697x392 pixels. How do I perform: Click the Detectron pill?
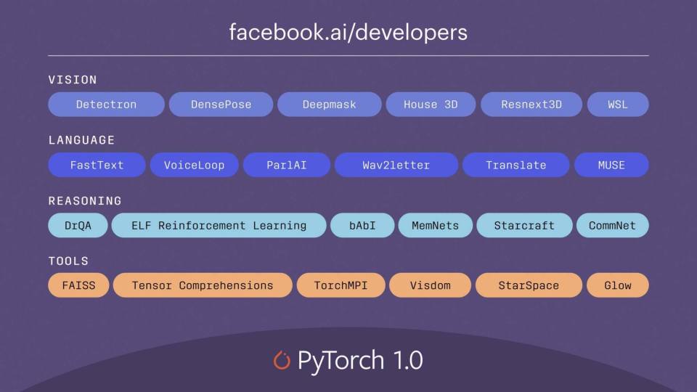pyautogui.click(x=106, y=105)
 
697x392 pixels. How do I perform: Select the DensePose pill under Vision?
pyautogui.click(x=221, y=105)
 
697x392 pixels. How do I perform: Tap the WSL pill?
pyautogui.click(x=618, y=105)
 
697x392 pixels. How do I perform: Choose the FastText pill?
pyautogui.click(x=97, y=165)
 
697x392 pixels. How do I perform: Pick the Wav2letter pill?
pyautogui.click(x=396, y=165)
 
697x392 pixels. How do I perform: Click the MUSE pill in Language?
pyautogui.click(x=611, y=165)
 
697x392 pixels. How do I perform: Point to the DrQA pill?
pyautogui.click(x=78, y=225)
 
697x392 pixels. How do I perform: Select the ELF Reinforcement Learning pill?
pyautogui.click(x=219, y=225)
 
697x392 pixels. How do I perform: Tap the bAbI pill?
pyautogui.click(x=362, y=225)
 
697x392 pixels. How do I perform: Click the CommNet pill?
pyautogui.click(x=613, y=225)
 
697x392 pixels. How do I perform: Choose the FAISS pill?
pyautogui.click(x=78, y=285)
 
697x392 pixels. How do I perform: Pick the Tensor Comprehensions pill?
pyautogui.click(x=203, y=285)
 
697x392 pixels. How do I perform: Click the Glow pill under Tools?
pyautogui.click(x=618, y=285)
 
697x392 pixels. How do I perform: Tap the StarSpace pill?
pyautogui.click(x=529, y=285)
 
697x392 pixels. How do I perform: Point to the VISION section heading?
pyautogui.click(x=73, y=80)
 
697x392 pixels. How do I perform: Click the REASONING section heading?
pyautogui.click(x=85, y=201)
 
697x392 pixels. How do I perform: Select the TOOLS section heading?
pyautogui.click(x=68, y=261)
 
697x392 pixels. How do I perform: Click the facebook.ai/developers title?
pyautogui.click(x=348, y=33)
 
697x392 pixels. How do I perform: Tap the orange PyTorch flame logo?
pyautogui.click(x=282, y=360)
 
